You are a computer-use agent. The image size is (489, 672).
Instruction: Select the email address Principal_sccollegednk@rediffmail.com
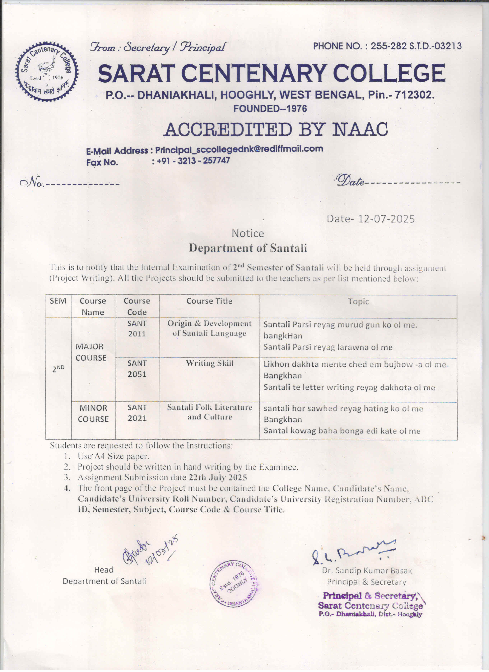(239, 149)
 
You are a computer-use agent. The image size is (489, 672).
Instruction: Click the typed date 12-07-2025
(386, 219)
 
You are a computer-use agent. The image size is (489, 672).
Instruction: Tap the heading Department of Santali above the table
(248, 248)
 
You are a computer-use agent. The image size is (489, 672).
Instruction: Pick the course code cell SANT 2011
(137, 329)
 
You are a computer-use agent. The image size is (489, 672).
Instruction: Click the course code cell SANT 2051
(137, 369)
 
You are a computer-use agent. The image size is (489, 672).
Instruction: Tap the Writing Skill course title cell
(209, 363)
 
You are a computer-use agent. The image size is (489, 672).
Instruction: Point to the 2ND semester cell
(58, 369)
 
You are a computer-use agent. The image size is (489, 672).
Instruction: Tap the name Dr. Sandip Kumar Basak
(367, 570)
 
